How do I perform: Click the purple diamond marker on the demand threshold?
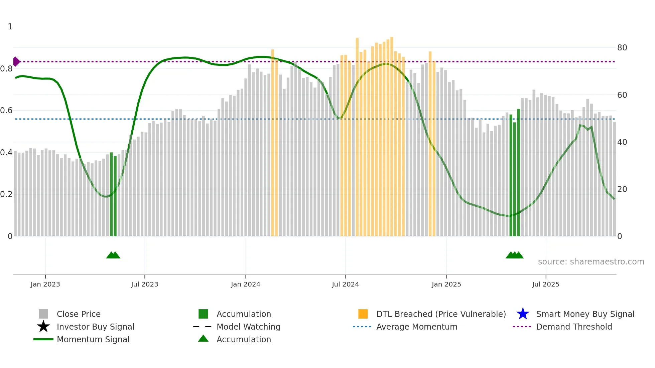(16, 61)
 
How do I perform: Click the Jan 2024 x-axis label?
(245, 284)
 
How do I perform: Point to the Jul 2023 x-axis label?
(144, 284)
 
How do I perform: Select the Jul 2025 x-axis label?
(545, 284)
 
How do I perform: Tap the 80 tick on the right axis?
(622, 48)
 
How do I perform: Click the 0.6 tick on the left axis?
(6, 111)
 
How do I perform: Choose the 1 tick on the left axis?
(10, 27)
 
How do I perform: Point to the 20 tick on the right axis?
(622, 189)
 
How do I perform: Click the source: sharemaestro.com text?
(591, 261)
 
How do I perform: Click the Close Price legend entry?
(79, 314)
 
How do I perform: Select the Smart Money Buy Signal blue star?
(523, 314)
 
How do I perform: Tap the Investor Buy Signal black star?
(43, 327)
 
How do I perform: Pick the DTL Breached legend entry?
(441, 314)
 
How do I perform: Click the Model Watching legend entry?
(248, 327)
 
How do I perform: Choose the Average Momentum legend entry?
(416, 327)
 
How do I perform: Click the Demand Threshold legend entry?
(574, 327)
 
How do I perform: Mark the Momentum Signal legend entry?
(93, 339)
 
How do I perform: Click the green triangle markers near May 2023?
(113, 255)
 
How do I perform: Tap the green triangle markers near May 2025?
(515, 255)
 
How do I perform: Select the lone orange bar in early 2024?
(273, 144)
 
